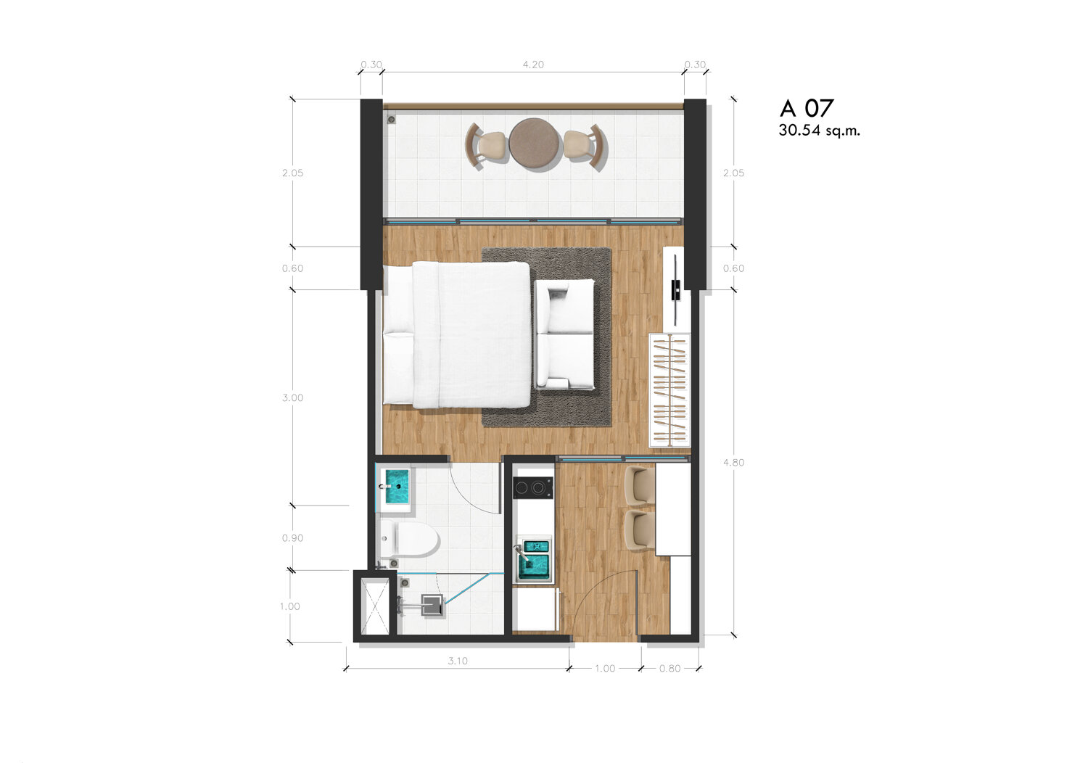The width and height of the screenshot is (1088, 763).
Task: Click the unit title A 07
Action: tap(807, 108)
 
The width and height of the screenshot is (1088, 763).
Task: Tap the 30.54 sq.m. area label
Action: tap(819, 130)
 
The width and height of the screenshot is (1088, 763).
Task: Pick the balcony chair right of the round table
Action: tap(585, 145)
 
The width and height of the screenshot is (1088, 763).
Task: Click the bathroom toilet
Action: tap(409, 539)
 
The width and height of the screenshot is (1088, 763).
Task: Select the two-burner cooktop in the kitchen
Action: tap(533, 487)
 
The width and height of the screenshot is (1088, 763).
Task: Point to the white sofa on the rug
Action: tap(564, 334)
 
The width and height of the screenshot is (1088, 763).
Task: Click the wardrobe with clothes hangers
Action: tap(669, 390)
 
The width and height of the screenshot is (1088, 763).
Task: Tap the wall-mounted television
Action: tap(675, 290)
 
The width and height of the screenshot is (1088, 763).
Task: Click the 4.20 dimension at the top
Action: tap(533, 65)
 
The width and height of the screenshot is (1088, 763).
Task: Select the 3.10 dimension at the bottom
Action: tap(458, 661)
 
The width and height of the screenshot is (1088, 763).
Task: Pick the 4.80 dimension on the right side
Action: tap(733, 462)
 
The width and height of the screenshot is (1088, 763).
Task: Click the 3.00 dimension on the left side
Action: tap(292, 397)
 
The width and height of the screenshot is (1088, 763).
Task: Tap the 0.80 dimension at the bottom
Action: tap(669, 668)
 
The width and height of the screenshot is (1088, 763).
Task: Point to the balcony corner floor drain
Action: tap(391, 119)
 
